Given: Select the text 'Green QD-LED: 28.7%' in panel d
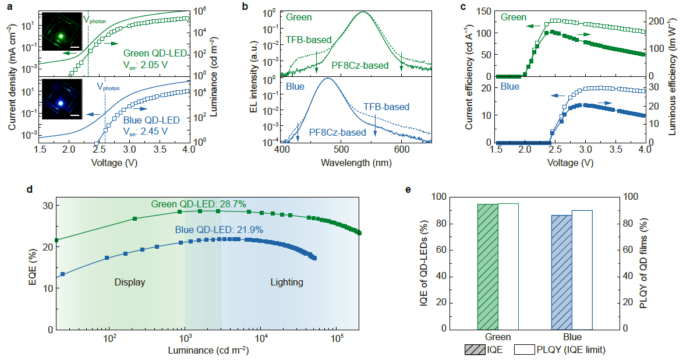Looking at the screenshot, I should tap(199, 204).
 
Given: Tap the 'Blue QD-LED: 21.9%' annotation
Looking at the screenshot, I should tap(219, 230).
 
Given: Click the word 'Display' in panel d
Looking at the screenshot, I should tap(129, 283).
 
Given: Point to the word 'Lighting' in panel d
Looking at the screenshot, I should tap(286, 283).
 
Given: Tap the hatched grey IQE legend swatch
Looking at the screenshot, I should tap(475, 350).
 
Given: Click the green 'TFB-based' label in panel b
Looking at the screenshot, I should tap(309, 40).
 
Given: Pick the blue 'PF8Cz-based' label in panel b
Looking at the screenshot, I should tap(338, 132).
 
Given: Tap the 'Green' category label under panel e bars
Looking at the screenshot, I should tap(497, 337).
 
